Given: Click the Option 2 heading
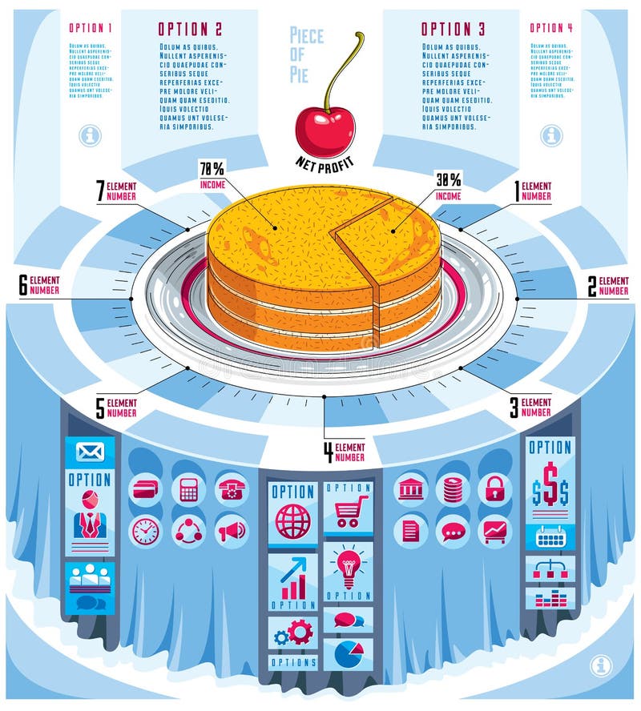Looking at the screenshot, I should click(x=190, y=29).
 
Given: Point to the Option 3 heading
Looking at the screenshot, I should click(x=453, y=29).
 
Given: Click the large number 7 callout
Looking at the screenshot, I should click(x=101, y=191).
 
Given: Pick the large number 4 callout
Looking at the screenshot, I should click(x=328, y=452).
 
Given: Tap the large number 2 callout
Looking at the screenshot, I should click(x=592, y=286).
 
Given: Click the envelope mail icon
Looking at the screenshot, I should click(x=90, y=452).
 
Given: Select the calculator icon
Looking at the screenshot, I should click(x=188, y=489).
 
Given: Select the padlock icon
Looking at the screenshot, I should click(x=494, y=488).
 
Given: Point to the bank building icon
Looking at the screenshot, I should click(x=410, y=488).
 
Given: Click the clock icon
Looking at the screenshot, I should click(x=145, y=531).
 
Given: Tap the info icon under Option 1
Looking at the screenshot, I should click(x=90, y=135).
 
